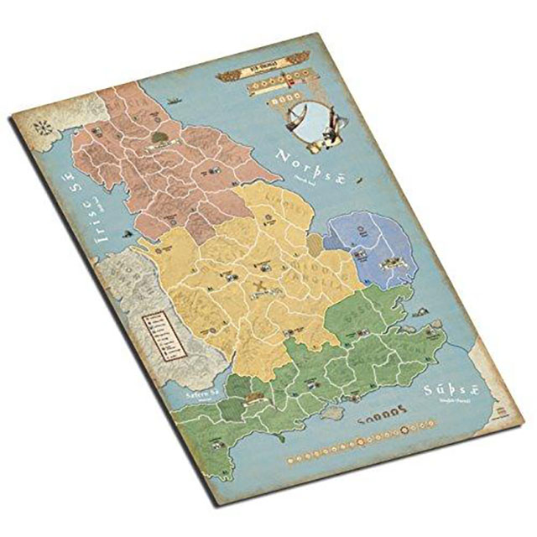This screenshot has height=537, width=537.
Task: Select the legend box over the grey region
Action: (x=158, y=331)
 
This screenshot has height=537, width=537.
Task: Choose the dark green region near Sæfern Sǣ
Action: (x=238, y=387)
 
